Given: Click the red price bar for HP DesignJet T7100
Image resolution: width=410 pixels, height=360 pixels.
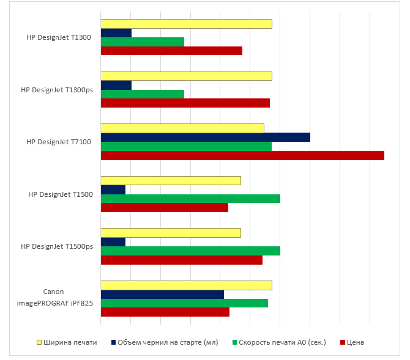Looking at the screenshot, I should point(242,155).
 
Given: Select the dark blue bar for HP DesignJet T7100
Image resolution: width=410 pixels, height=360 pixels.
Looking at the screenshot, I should point(205,137).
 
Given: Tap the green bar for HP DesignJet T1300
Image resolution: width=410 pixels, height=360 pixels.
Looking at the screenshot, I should point(142,42).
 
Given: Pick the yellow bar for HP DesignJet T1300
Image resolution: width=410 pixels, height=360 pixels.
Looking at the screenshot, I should point(186,24).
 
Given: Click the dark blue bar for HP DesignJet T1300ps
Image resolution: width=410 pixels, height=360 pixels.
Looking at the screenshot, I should point(116,85).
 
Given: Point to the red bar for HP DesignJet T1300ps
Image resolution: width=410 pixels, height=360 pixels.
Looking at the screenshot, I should point(185,103).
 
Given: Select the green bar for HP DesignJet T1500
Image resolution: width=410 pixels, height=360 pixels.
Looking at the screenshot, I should point(190,198).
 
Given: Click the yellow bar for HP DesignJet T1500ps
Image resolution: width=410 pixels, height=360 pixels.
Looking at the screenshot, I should point(171,233).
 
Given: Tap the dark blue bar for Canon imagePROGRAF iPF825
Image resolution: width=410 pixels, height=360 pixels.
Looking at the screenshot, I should point(162,294).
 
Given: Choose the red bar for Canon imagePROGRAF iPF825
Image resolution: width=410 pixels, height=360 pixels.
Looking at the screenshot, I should point(165,312).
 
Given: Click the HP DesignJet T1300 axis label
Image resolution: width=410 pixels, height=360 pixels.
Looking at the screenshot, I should point(59,37).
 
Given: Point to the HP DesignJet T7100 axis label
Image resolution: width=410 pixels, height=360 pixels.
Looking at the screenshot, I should point(59,142).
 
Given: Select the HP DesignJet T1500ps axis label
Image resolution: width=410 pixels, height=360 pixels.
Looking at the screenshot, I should point(57,246).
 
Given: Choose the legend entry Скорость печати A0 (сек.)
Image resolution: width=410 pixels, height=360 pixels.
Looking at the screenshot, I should point(282,342).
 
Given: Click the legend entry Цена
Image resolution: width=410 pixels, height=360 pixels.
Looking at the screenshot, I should point(355,342).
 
